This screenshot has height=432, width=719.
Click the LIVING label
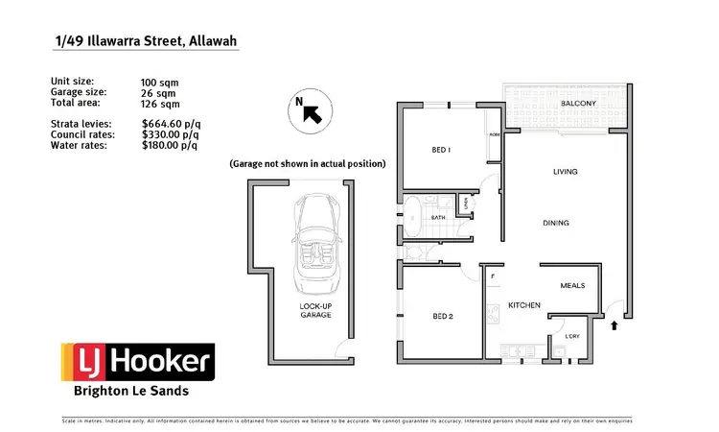point(567,172)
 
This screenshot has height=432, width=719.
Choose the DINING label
point(556,223)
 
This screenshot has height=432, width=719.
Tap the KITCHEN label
point(524,305)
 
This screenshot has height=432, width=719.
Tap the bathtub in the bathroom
point(413,218)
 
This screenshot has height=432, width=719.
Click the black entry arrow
point(615,326)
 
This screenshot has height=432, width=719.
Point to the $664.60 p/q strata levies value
point(170,123)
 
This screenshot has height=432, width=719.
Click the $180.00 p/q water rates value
point(170,146)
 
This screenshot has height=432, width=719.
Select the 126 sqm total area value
point(160,102)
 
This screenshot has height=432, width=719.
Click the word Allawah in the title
point(211,41)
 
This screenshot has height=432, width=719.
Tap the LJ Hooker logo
point(138,363)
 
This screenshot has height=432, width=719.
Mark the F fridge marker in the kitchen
point(492,276)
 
